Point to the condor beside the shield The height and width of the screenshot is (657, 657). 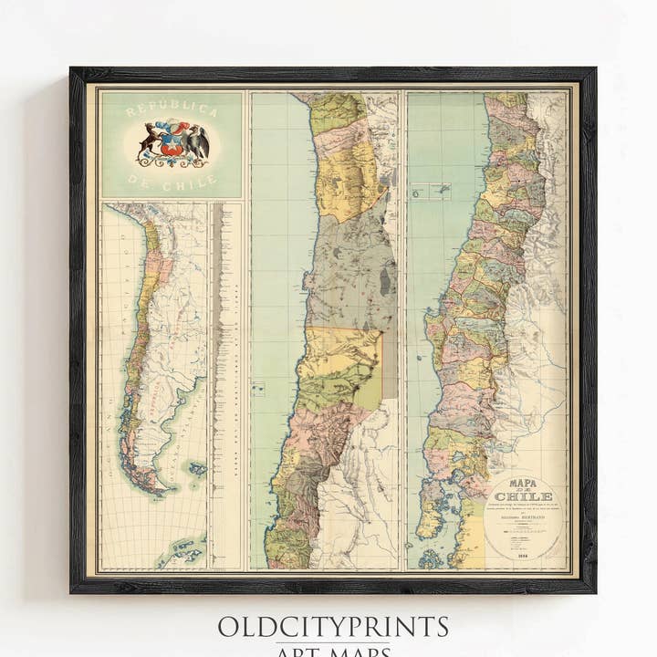[x=197, y=143]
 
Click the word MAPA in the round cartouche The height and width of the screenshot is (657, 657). [x=523, y=484]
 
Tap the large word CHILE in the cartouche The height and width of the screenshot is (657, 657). [x=523, y=496]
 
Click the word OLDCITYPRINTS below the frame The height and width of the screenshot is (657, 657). [x=332, y=627]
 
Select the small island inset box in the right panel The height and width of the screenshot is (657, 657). [x=431, y=192]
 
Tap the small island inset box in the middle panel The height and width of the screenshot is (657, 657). [x=258, y=389]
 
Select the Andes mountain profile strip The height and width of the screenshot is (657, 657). [x=216, y=383]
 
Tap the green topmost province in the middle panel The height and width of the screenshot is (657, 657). [x=337, y=114]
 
